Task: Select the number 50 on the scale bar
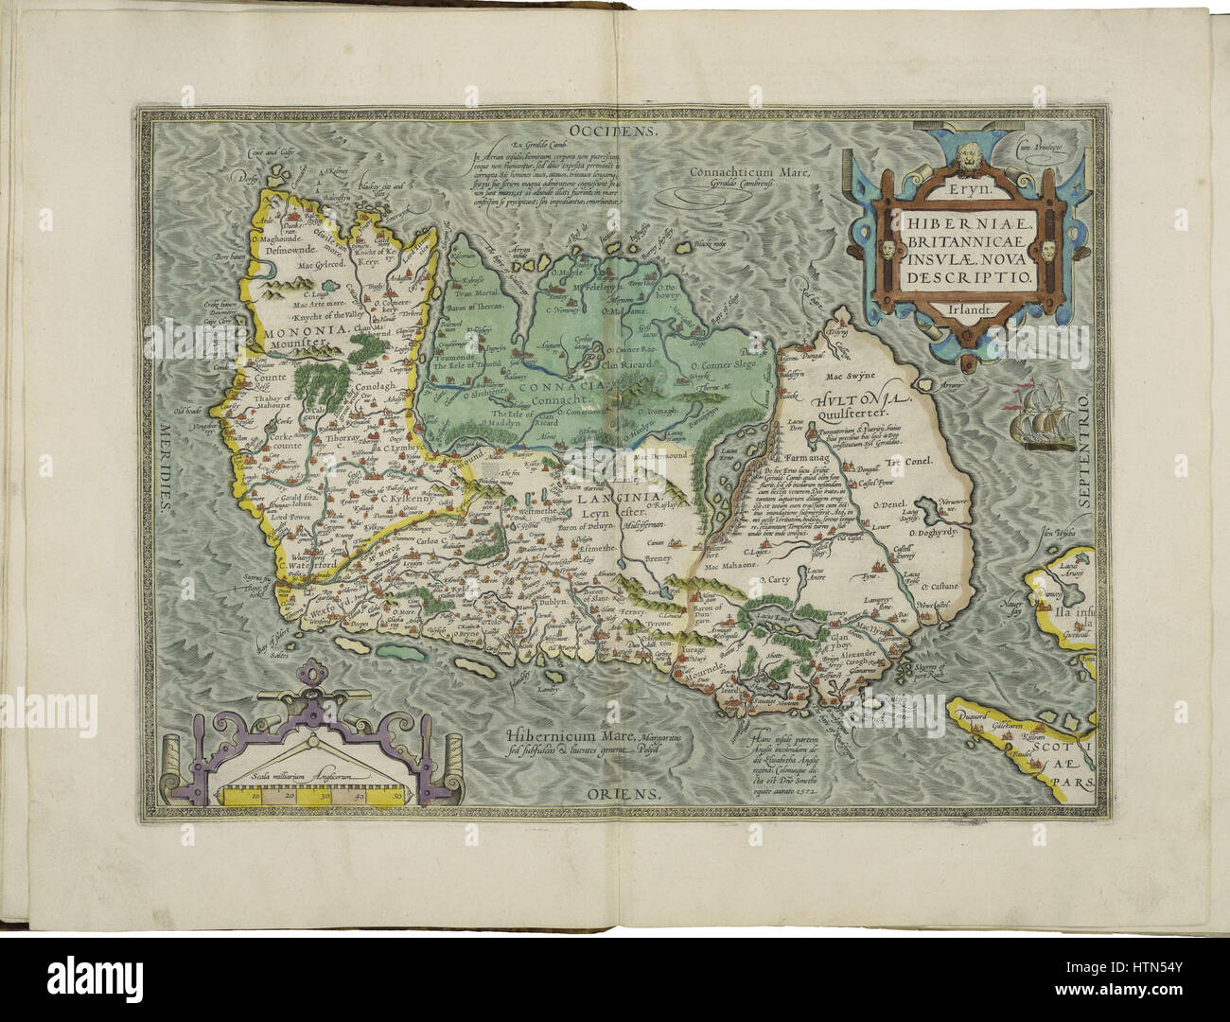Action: pyautogui.click(x=398, y=798)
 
